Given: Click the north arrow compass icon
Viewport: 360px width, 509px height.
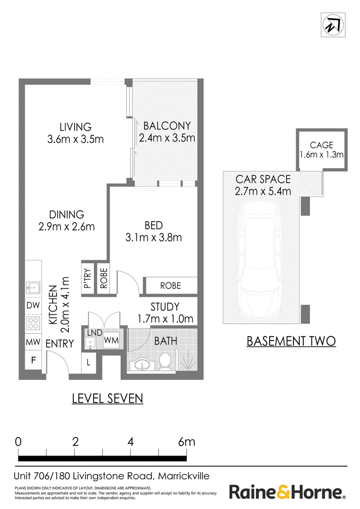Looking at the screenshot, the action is (333, 25).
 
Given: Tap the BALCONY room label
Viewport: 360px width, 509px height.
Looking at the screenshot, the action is (167, 125).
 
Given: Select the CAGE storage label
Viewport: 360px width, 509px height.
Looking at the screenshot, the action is (322, 145).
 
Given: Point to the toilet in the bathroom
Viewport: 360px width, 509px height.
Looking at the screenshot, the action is (166, 362).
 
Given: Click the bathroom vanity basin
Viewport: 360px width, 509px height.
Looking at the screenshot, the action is (142, 365).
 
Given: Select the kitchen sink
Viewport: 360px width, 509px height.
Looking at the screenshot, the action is (33, 288).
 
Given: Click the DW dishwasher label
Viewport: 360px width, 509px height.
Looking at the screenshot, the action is (33, 305).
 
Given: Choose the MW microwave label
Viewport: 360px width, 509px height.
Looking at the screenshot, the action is (33, 342).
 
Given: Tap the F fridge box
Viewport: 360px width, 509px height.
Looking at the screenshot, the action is (33, 360).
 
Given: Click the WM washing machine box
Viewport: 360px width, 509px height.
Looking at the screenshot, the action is (111, 340).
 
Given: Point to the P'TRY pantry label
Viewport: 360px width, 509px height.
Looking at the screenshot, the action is (87, 278).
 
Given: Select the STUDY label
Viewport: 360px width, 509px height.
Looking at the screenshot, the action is (165, 307).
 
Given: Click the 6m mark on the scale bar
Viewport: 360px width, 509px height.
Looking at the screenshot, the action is (186, 442).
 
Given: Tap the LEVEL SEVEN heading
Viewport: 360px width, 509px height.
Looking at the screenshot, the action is (108, 399).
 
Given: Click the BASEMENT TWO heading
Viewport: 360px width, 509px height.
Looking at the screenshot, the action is (291, 341).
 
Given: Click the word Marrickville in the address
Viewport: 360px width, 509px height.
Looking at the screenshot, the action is (184, 476).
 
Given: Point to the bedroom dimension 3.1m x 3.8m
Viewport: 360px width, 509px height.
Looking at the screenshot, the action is (154, 237).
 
